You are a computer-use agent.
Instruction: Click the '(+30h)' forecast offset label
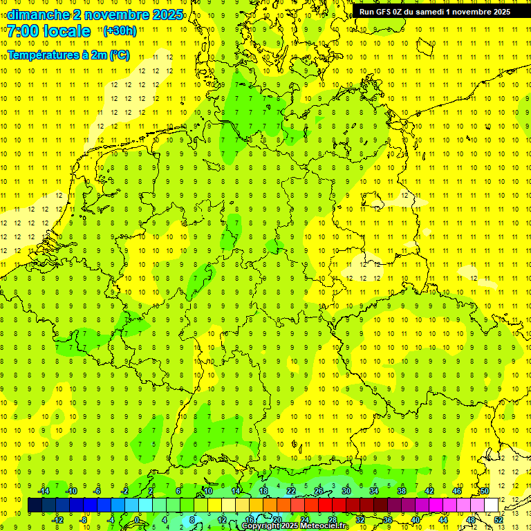pos(120,31)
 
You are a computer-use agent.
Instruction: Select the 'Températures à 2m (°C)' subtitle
pos(68,55)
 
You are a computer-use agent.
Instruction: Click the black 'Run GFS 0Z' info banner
pos(434,12)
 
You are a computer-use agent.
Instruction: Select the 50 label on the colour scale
pos(485,491)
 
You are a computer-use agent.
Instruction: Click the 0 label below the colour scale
pos(136,519)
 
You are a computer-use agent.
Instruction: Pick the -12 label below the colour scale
pos(57,519)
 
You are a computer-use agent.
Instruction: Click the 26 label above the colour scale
pos(319,491)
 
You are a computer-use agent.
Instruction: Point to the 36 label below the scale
pos(388,519)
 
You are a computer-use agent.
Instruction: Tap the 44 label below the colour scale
pos(443,519)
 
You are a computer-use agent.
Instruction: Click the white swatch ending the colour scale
pos(491,505)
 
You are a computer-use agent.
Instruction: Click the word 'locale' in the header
pos(67,31)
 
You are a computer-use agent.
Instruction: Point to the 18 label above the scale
pos(263,491)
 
